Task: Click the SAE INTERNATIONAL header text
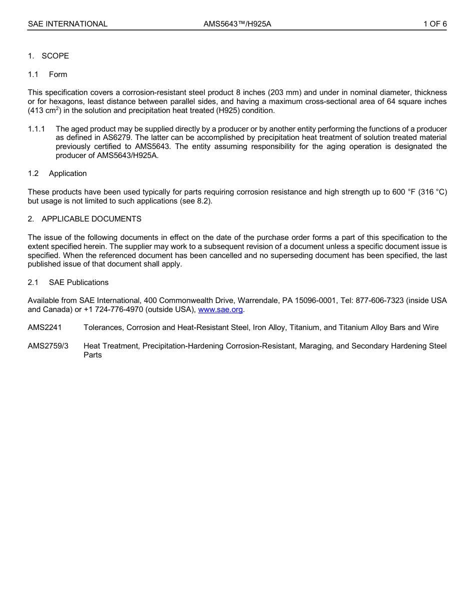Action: pyautogui.click(x=67, y=23)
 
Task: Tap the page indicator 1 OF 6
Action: pyautogui.click(x=435, y=23)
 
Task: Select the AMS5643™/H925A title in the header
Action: pyautogui.click(x=237, y=23)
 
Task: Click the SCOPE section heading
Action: pyautogui.click(x=55, y=56)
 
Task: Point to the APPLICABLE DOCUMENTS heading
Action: pyautogui.click(x=91, y=219)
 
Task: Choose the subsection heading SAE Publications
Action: pyautogui.click(x=78, y=282)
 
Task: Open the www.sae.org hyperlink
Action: pyautogui.click(x=220, y=309)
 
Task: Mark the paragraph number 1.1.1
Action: pyautogui.click(x=36, y=129)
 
